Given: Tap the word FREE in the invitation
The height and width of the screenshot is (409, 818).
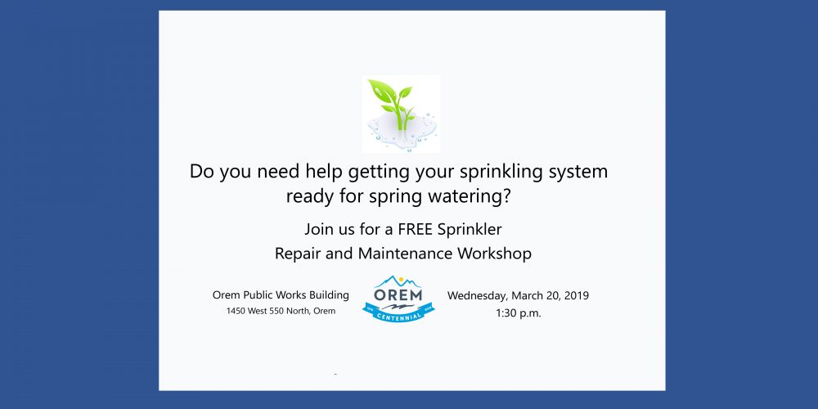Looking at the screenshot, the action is click(416, 229).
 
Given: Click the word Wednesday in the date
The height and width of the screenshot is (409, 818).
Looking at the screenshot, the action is click(478, 296).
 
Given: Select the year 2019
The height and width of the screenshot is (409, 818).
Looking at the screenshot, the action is click(577, 296).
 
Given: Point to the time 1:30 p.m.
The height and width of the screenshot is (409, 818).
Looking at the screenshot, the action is click(518, 313).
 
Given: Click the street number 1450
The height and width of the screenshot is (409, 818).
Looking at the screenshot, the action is click(236, 311).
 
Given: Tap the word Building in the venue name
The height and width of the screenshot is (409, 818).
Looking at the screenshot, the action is click(328, 295).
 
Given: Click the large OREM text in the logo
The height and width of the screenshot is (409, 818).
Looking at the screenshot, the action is click(398, 294).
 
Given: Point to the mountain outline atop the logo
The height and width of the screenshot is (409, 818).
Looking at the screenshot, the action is click(398, 281).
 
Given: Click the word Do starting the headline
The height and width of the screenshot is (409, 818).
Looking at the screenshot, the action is click(202, 172).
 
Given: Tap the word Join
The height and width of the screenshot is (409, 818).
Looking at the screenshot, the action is click(317, 229).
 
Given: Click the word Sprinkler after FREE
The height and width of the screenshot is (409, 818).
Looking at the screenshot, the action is click(470, 229).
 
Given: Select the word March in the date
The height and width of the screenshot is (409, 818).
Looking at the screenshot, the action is click(526, 296).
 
